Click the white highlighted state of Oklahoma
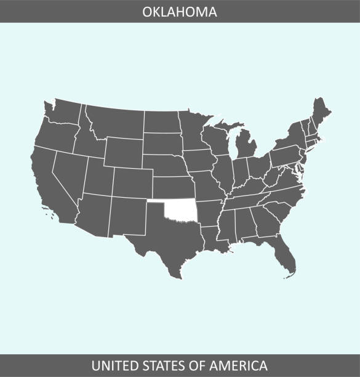pos(181,211)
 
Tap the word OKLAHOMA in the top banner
pos(180,11)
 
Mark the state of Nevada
pos(69,172)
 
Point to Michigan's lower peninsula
pos(246,148)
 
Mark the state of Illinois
pos(223,175)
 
